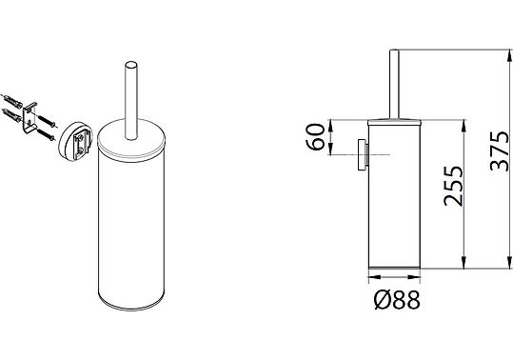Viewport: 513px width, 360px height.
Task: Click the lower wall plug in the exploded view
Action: point(11,115)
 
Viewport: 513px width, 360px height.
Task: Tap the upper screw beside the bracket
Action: point(48,121)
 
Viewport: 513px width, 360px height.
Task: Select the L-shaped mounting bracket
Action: point(30,117)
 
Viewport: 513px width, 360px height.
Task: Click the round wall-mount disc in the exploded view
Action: point(75,141)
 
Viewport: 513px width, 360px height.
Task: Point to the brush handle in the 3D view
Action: point(131,100)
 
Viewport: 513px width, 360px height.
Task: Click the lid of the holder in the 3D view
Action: point(131,141)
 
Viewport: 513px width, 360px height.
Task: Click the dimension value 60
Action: point(315,136)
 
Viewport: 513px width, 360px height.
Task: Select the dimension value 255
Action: point(453,186)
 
